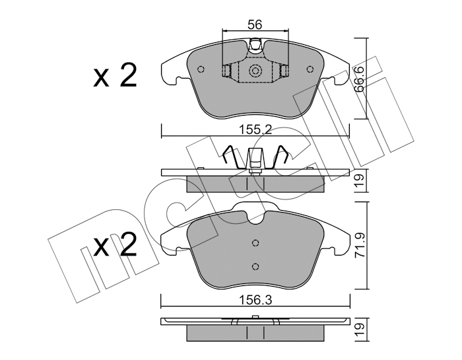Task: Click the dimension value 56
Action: (x=255, y=25)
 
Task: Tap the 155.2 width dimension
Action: (x=255, y=129)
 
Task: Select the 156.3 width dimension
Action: (x=255, y=301)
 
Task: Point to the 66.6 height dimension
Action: (x=360, y=79)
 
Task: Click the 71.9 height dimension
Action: (x=360, y=246)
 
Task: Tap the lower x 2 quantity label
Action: (x=115, y=244)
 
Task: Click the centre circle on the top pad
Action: (x=255, y=71)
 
